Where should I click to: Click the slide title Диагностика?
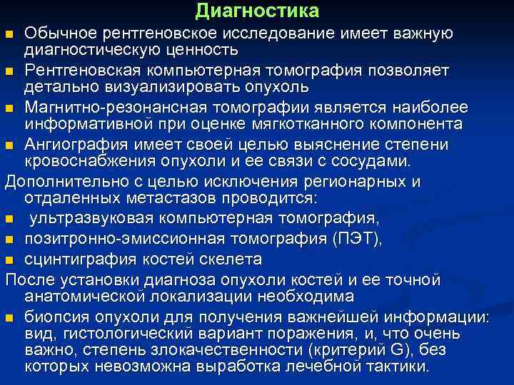(x=256, y=11)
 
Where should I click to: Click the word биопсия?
(x=59, y=317)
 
